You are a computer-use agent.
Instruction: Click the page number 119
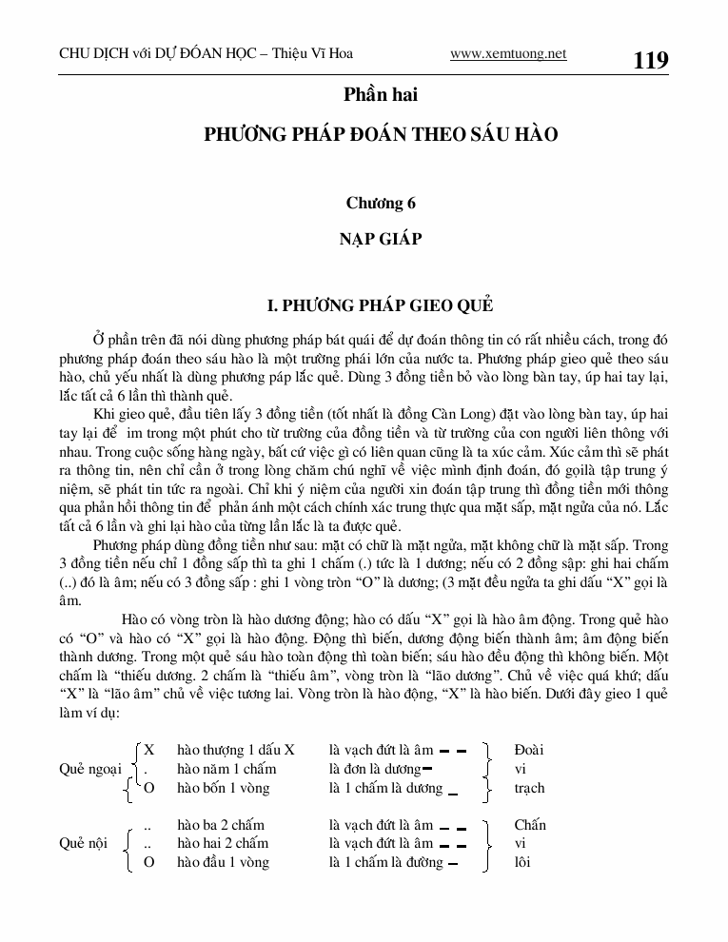(650, 61)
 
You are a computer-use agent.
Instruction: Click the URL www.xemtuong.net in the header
(508, 53)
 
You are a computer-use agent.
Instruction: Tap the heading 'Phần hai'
(381, 96)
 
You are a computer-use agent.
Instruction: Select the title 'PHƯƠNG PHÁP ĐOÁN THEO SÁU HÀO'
(381, 135)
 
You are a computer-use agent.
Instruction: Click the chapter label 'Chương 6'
(381, 203)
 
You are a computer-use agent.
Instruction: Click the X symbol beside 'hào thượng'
(148, 750)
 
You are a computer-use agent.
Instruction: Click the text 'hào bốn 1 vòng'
(224, 788)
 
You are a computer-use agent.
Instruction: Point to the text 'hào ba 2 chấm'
(221, 825)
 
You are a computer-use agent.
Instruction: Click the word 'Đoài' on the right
(528, 750)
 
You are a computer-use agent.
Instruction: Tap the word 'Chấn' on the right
(530, 825)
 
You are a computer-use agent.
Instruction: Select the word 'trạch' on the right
(530, 788)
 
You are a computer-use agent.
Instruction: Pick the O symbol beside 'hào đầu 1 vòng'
(148, 862)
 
